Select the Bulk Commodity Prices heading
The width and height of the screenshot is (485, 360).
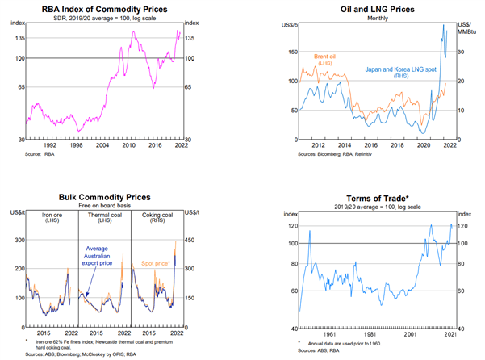105,196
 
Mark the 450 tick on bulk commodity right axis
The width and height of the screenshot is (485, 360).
188,239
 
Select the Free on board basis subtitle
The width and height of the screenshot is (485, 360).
105,205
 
